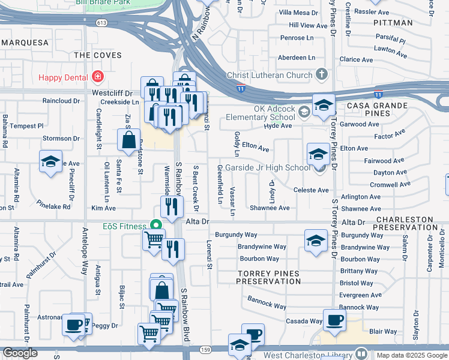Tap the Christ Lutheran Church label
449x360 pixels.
[x=269, y=75]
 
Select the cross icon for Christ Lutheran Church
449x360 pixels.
[x=322, y=75]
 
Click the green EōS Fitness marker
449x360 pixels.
[x=157, y=226]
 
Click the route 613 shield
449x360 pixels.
[x=101, y=23]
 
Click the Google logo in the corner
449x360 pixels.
[x=20, y=353]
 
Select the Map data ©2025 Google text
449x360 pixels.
[x=412, y=355]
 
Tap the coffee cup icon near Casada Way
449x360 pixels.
[x=334, y=319]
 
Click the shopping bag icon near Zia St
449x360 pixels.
[x=129, y=140]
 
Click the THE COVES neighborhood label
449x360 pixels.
[x=97, y=55]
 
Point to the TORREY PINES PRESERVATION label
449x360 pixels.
[x=268, y=277]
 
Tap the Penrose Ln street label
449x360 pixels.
[x=298, y=38]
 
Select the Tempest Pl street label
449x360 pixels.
[x=26, y=126]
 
